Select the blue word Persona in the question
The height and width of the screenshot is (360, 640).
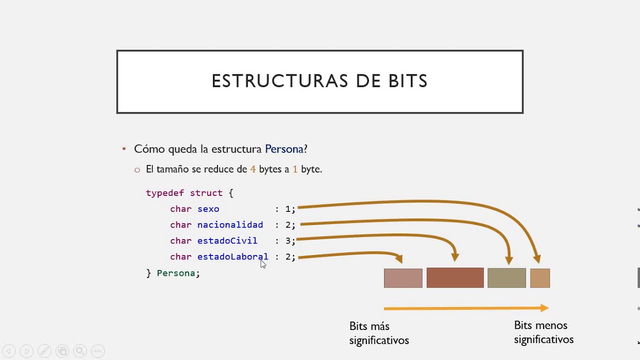(284, 149)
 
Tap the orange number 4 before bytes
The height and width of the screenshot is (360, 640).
(253, 169)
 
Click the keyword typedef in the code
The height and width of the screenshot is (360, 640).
(165, 193)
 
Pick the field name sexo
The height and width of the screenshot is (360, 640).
(208, 209)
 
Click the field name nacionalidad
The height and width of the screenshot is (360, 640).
(230, 225)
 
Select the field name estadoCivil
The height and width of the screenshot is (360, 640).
(227, 241)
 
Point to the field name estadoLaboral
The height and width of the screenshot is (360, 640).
(232, 257)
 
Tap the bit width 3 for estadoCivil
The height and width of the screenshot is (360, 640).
(288, 241)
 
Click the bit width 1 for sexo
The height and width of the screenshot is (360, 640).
(288, 209)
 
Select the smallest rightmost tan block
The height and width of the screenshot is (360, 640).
(540, 278)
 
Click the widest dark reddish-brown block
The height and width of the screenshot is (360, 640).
(455, 277)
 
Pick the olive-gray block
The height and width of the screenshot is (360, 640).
(506, 278)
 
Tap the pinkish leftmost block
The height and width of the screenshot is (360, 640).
(403, 278)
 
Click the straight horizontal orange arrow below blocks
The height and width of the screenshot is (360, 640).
(465, 308)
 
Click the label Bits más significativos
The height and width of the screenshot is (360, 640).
(378, 333)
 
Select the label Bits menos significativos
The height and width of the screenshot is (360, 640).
(543, 332)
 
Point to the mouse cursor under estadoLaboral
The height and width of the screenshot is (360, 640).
(263, 264)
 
